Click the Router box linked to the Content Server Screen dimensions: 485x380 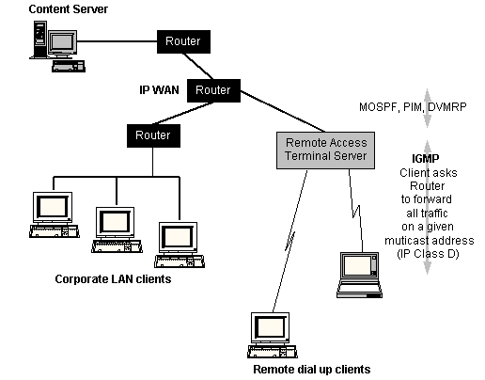183,41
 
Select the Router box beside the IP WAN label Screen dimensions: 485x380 213,90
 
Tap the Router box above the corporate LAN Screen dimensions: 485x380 153,135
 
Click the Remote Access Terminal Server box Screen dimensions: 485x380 325,150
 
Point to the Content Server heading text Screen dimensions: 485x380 69,9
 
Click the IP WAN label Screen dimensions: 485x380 159,90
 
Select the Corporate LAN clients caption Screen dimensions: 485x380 113,279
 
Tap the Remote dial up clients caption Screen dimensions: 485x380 312,370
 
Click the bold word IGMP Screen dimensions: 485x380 426,159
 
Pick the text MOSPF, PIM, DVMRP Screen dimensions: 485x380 413,107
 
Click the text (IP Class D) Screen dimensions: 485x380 428,254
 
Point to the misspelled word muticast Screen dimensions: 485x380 405,241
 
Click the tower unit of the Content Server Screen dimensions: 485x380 40,40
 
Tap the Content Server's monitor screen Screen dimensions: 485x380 62,41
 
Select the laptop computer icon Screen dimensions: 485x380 359,275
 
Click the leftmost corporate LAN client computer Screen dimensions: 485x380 54,214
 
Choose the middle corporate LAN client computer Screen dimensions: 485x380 117,230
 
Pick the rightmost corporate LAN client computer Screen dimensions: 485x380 180,245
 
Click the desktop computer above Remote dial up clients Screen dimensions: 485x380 272,335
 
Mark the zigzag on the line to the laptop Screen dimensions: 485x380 356,212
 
